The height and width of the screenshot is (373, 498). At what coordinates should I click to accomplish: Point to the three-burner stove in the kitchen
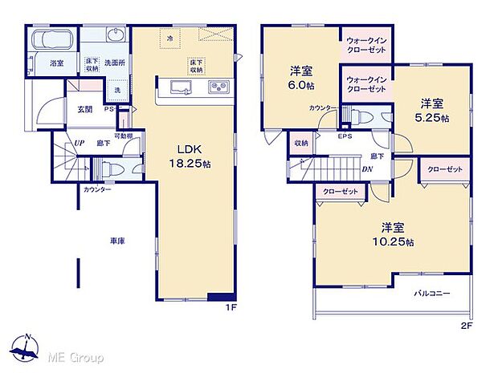tap(219, 87)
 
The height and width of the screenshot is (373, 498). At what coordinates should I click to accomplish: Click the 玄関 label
tap(85, 108)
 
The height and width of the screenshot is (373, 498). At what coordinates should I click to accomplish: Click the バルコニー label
tap(432, 294)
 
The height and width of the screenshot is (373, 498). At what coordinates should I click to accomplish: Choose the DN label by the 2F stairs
tap(366, 168)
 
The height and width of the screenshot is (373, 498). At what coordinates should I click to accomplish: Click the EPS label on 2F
tap(345, 136)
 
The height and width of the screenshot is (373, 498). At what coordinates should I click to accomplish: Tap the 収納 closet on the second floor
tap(300, 144)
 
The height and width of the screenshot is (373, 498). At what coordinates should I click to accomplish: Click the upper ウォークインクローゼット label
tap(365, 45)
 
